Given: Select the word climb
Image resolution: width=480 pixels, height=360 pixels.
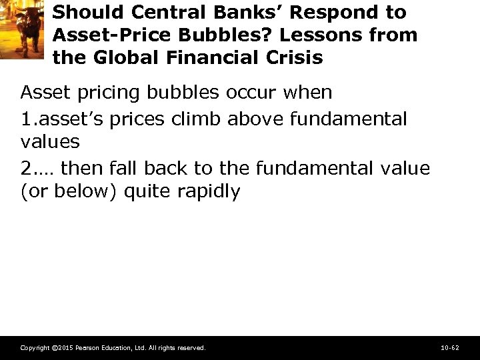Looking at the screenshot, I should (197, 119).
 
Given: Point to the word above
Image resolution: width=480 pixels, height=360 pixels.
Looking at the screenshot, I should (253, 119).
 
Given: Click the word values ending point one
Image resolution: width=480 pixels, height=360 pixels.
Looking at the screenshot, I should (50, 142).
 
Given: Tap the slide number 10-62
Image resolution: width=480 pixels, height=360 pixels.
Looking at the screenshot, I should (450, 348).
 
